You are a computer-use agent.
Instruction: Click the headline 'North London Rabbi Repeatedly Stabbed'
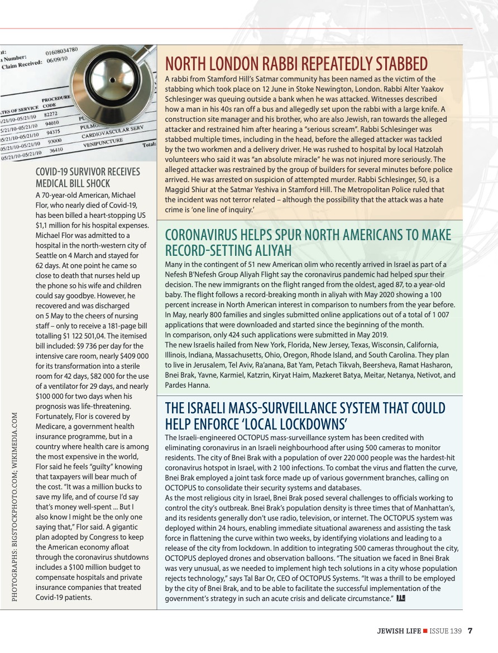pos(296,64)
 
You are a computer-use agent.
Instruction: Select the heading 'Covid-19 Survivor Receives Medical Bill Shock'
pos(88,177)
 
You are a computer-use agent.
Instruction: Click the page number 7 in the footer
pos(470,631)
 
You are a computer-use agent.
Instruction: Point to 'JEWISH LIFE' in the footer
pos(398,631)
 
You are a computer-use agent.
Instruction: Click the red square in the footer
pos(426,631)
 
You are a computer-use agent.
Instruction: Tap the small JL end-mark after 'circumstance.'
pos(400,598)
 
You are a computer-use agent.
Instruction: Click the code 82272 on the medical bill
pos(51,115)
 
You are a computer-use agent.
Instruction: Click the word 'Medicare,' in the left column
pos(54,426)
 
